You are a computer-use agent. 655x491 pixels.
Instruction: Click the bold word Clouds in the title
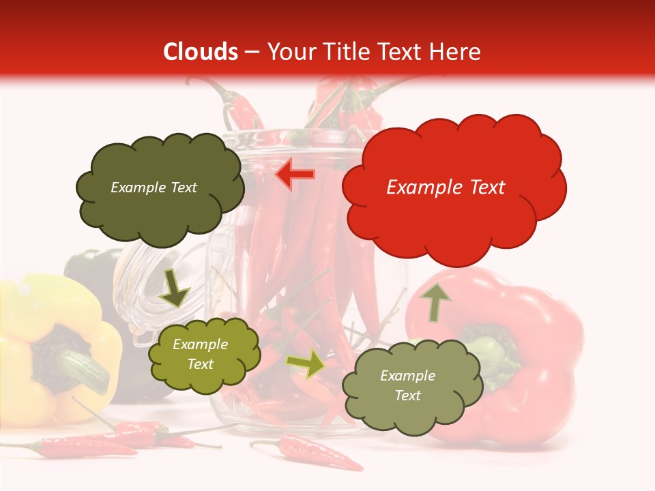tap(201, 52)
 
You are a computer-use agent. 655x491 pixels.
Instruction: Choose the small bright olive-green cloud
tap(205, 355)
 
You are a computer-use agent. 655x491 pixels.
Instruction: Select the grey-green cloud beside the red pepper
tap(412, 386)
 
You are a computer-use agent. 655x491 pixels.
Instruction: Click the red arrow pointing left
tap(295, 175)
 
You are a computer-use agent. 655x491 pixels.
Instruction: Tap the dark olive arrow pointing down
tap(174, 289)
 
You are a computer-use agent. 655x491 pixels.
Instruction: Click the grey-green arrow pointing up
tap(435, 301)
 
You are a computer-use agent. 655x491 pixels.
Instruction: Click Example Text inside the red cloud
tap(446, 188)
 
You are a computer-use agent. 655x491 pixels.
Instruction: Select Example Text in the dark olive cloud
tap(154, 188)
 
